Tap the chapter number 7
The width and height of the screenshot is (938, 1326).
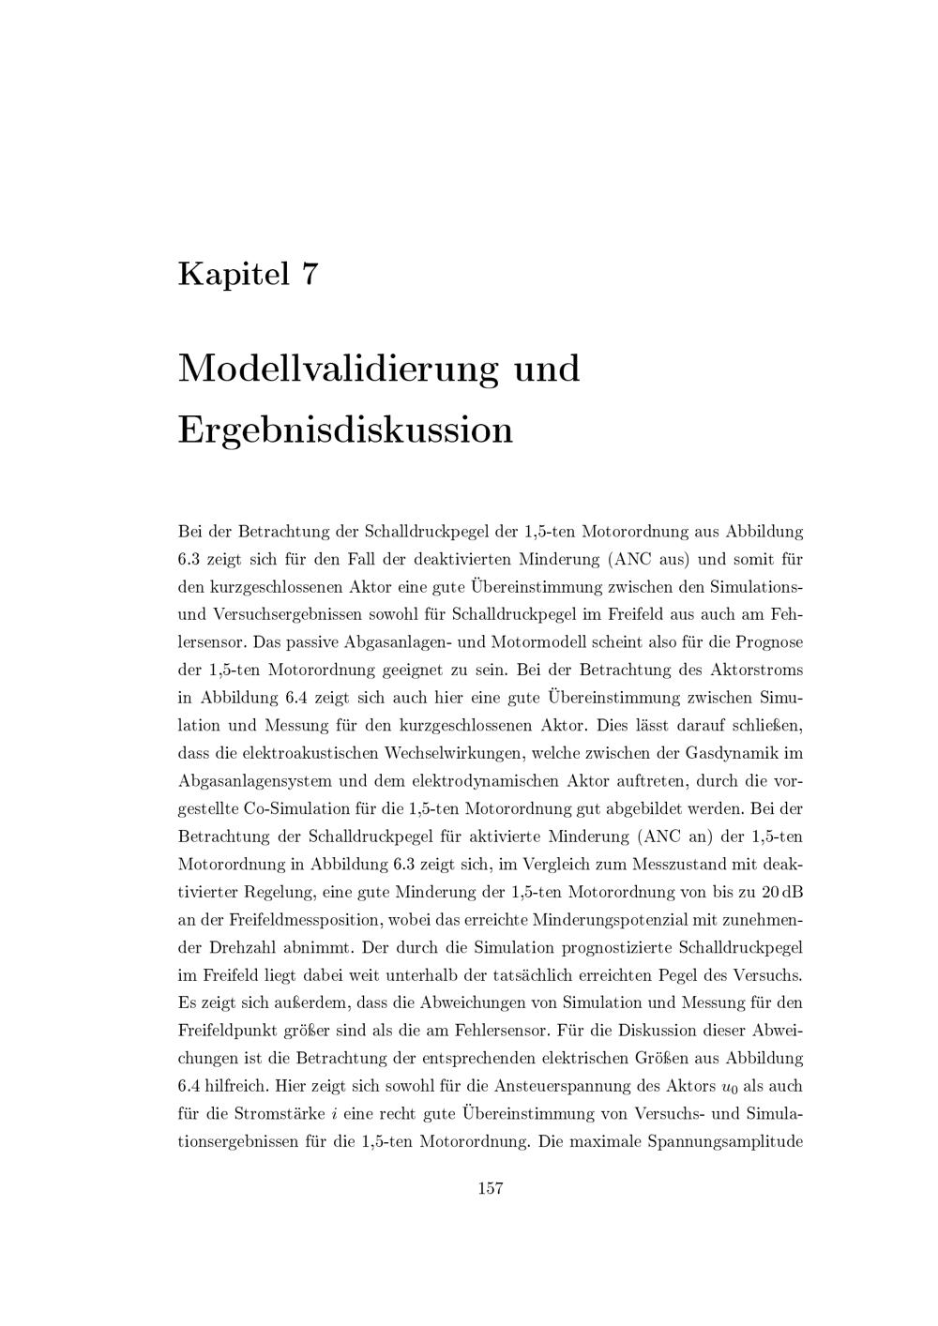tap(310, 274)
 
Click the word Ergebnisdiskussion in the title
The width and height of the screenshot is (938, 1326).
tap(345, 429)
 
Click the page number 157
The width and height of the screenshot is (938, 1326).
tap(491, 1189)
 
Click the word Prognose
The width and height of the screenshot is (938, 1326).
tap(769, 642)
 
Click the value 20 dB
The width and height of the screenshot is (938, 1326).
tap(781, 892)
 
